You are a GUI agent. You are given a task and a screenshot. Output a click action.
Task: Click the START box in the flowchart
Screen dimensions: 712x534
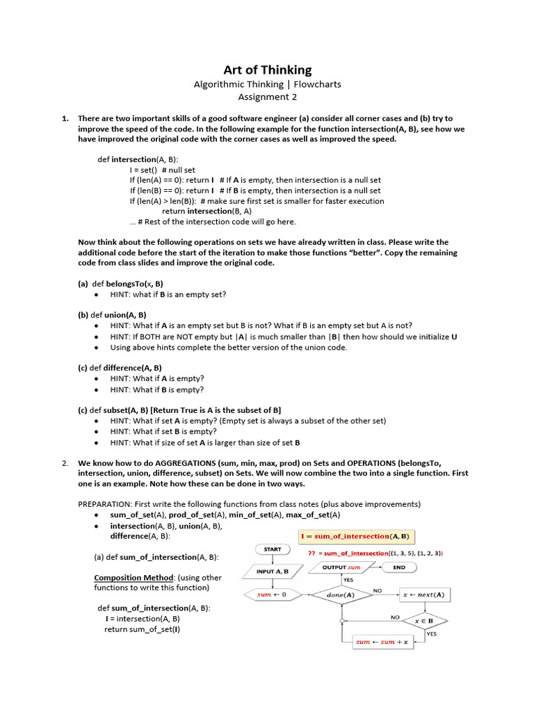coord(273,549)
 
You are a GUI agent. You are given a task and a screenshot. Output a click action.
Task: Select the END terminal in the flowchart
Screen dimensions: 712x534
coord(399,567)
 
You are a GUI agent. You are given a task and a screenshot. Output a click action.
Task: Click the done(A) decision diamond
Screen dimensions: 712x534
coord(340,594)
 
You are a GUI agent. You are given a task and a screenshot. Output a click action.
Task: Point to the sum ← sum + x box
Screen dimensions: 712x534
coord(381,642)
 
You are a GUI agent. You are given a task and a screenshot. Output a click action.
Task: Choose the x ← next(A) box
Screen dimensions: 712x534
coord(424,594)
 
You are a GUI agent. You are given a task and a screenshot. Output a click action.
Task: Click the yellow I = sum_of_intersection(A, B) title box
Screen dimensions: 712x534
coord(356,536)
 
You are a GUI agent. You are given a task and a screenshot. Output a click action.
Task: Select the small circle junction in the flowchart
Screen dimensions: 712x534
coord(341,620)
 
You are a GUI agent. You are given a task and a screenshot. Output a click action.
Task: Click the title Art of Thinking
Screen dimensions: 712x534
coord(267,70)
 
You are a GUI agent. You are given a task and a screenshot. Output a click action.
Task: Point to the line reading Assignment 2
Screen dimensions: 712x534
coord(267,97)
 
